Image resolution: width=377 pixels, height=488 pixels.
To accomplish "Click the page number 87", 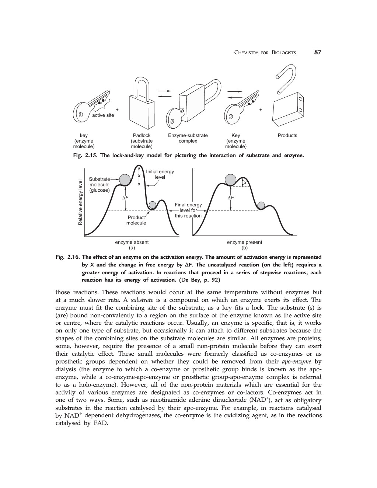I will pyautogui.click(x=318, y=52).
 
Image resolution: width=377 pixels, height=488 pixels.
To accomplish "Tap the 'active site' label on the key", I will pyautogui.click(x=103, y=115).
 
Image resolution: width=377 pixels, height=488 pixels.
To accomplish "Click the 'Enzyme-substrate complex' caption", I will pyautogui.click(x=188, y=138).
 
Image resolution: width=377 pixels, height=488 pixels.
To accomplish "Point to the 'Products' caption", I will pyautogui.click(x=287, y=136).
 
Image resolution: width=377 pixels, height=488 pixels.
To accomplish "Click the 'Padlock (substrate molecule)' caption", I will pyautogui.click(x=142, y=141).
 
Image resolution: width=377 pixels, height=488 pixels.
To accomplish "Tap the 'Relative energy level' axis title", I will pyautogui.click(x=80, y=202).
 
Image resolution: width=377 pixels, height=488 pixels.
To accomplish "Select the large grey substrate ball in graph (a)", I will pyautogui.click(x=125, y=180).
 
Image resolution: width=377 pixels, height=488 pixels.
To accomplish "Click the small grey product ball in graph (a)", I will pyautogui.click(x=153, y=205).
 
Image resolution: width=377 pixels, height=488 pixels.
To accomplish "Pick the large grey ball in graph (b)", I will pyautogui.click(x=231, y=179).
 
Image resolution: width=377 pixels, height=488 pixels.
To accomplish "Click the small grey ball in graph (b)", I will pyautogui.click(x=261, y=205).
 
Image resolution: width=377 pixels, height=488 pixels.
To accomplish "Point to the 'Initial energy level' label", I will pyautogui.click(x=160, y=174).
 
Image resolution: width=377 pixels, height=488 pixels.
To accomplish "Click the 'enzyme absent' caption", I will pyautogui.click(x=132, y=242).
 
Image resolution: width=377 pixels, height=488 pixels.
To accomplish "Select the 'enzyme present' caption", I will pyautogui.click(x=244, y=242).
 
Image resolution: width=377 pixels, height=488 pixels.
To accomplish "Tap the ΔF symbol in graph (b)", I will pyautogui.click(x=231, y=198).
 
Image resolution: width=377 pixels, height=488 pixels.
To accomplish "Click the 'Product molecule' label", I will pyautogui.click(x=136, y=220).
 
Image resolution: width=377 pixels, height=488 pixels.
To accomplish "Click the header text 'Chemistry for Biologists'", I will pyautogui.click(x=265, y=52).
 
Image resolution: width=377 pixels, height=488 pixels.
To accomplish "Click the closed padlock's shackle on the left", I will pyautogui.click(x=142, y=88).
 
